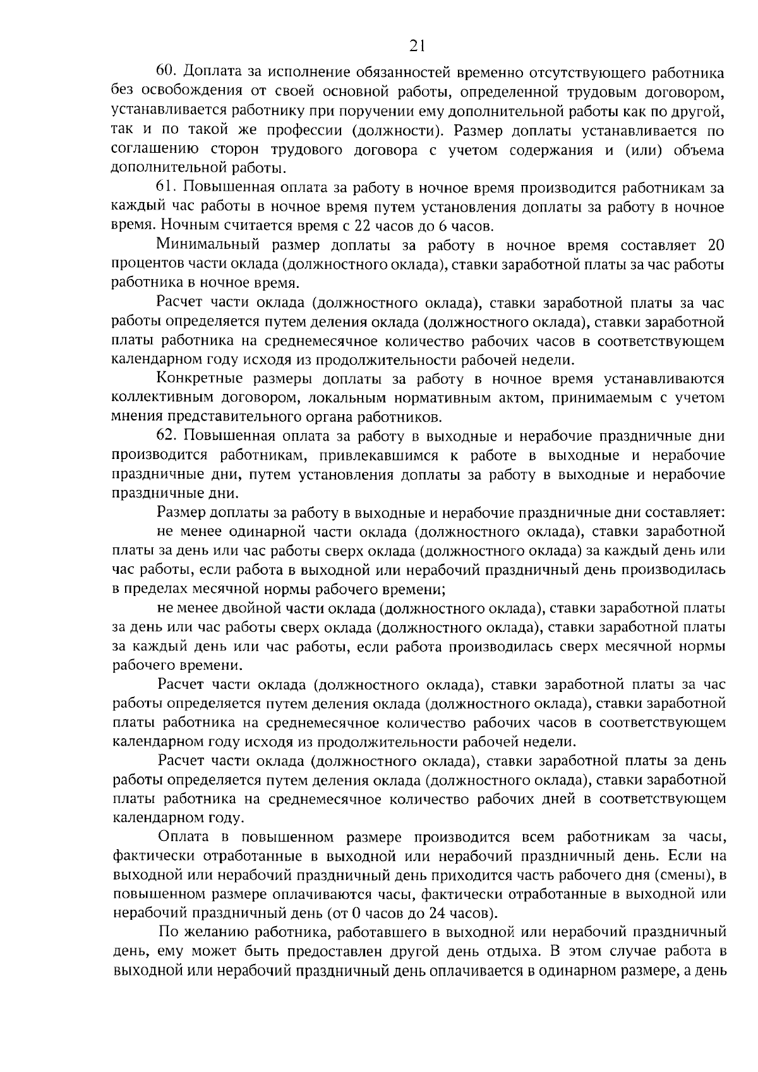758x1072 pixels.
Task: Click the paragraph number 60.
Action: [x=169, y=73]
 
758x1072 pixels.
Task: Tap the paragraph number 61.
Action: [x=167, y=188]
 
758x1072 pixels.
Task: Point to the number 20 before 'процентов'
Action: [x=716, y=245]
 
